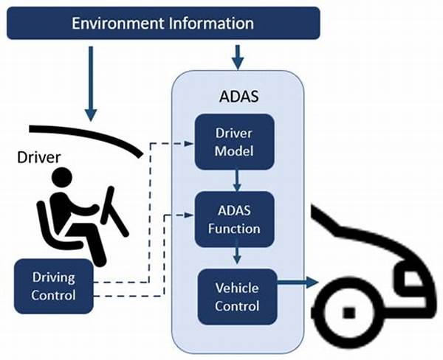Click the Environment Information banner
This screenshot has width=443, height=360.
click(x=163, y=23)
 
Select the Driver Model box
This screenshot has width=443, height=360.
click(x=235, y=142)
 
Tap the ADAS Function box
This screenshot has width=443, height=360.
click(x=235, y=219)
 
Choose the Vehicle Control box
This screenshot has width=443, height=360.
click(x=237, y=297)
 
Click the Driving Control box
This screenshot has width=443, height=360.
click(x=54, y=286)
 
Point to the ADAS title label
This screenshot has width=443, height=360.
click(x=238, y=97)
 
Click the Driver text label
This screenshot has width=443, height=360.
click(x=38, y=157)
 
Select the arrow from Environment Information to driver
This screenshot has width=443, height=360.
click(x=91, y=84)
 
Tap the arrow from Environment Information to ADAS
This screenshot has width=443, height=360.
click(x=238, y=58)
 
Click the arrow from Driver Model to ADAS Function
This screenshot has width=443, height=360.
click(x=237, y=181)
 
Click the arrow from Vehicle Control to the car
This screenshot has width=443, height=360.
click(x=298, y=282)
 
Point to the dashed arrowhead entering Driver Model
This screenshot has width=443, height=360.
click(x=189, y=143)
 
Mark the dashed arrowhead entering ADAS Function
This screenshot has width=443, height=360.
click(x=189, y=215)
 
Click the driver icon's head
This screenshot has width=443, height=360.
click(x=62, y=177)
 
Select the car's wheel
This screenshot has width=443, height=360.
click(x=349, y=313)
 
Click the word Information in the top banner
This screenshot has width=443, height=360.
click(x=211, y=23)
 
